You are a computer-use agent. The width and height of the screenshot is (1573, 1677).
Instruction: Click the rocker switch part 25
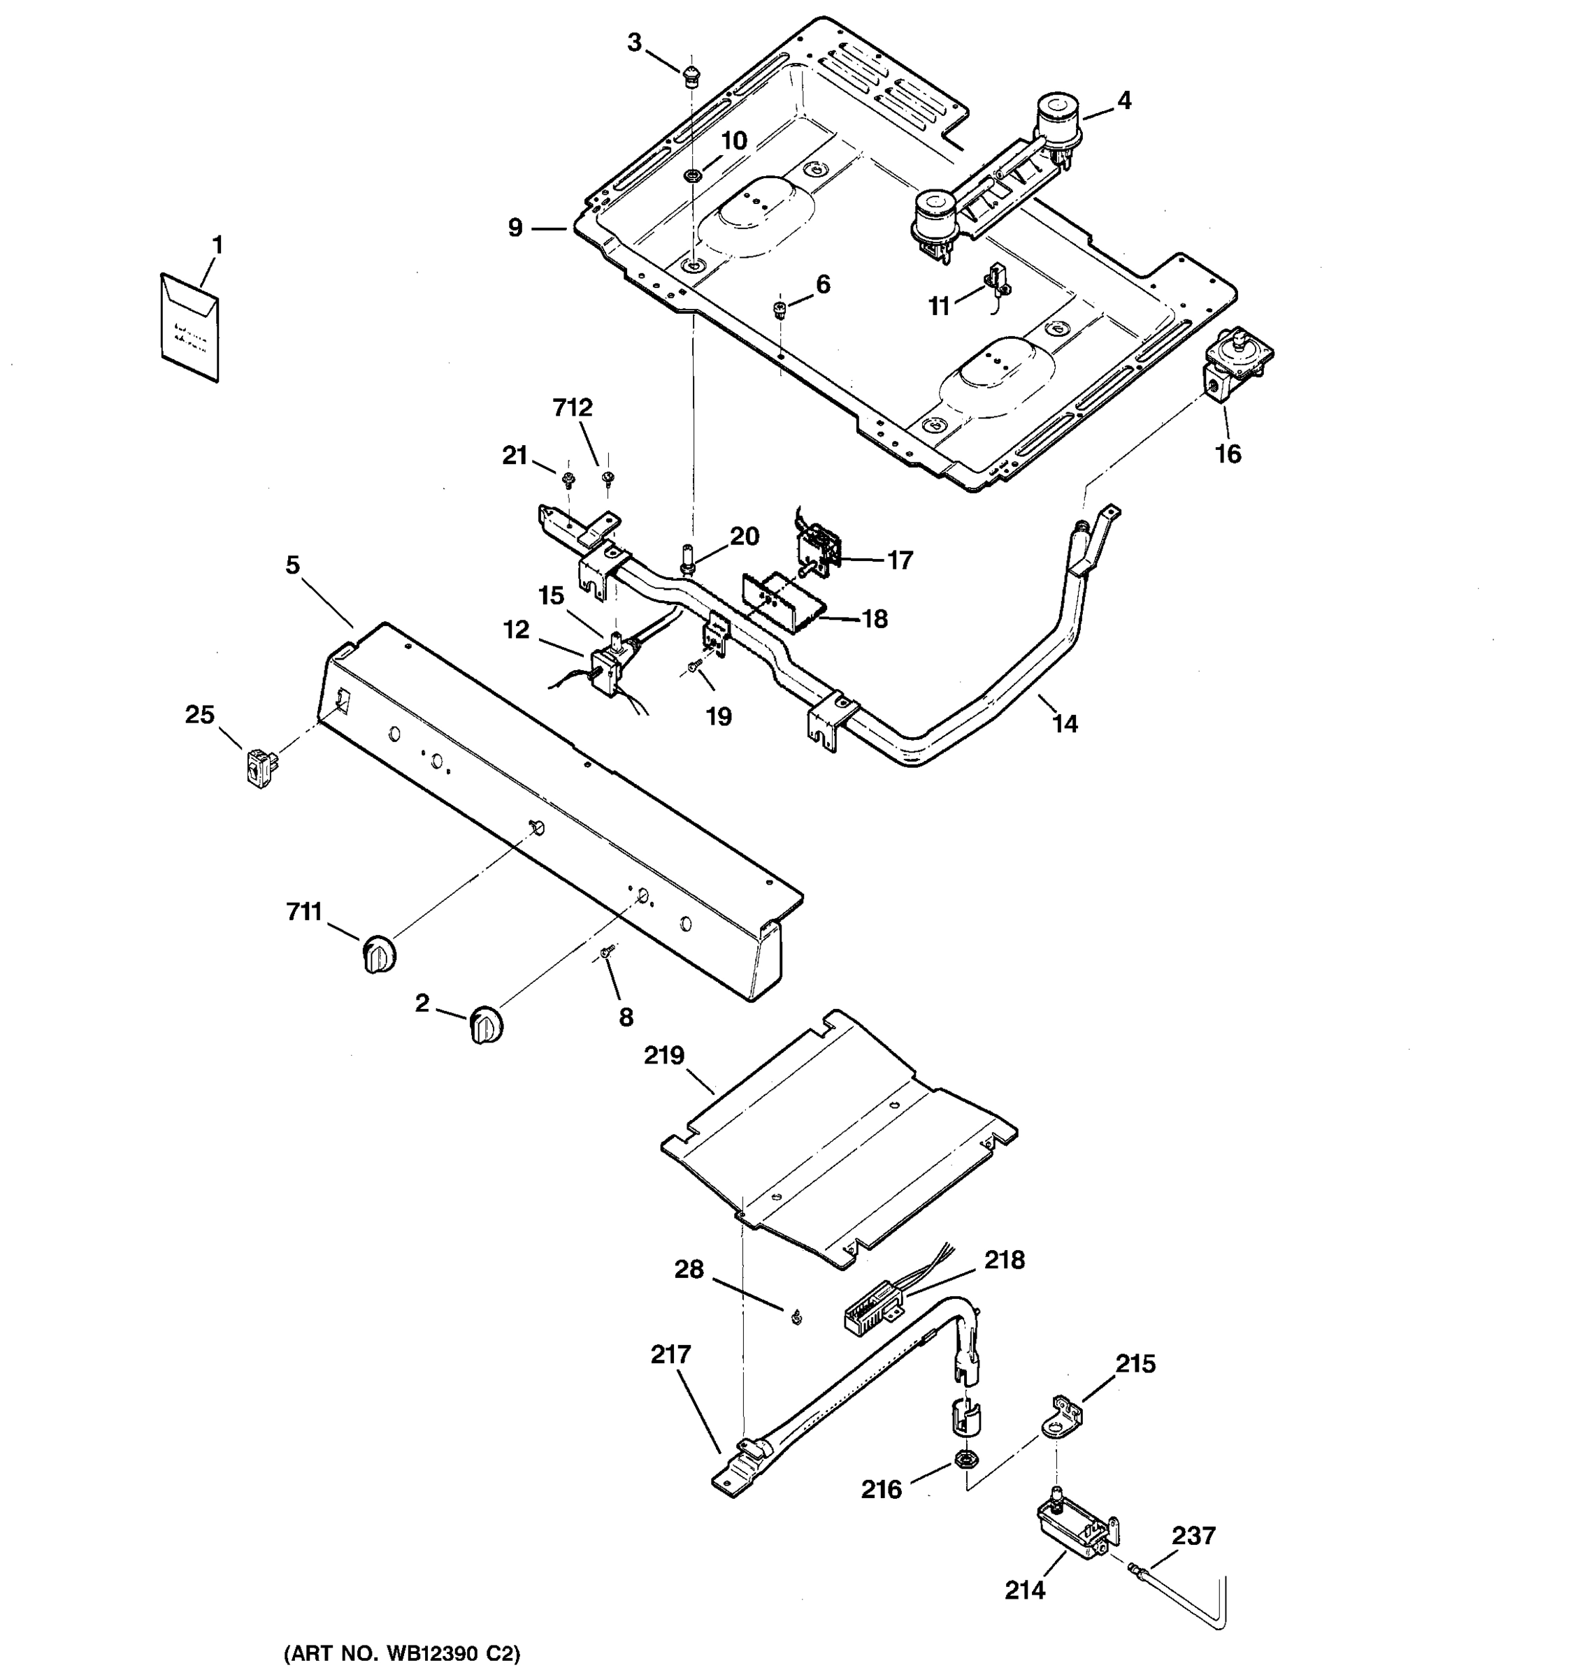[261, 768]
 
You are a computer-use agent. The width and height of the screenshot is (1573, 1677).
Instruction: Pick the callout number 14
[1065, 724]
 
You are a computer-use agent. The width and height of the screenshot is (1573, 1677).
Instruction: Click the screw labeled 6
[782, 310]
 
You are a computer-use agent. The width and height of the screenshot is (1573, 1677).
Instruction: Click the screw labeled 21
[568, 481]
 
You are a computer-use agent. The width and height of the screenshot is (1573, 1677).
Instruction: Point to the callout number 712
[573, 408]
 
